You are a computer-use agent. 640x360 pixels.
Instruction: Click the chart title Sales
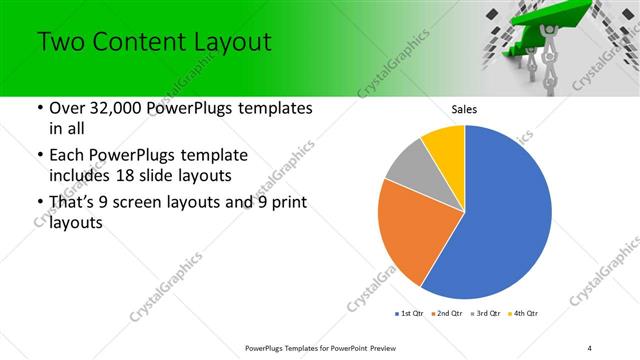(465, 109)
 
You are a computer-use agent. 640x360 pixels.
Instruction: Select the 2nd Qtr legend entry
(448, 314)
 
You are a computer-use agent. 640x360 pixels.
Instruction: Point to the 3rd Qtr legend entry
(487, 314)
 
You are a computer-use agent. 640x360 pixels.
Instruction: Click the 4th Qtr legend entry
(524, 314)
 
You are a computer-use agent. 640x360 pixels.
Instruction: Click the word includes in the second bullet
(69, 177)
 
